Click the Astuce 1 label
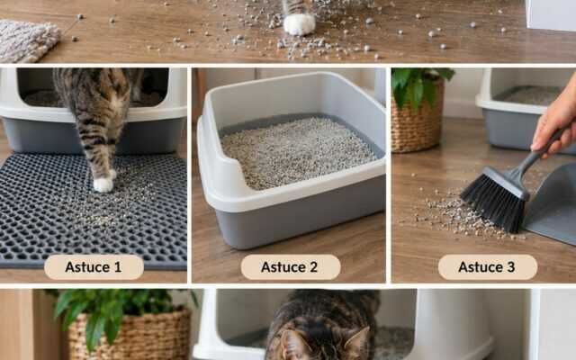point(94,267)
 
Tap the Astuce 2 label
point(290,267)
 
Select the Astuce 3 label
point(488,267)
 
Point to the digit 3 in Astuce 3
point(510,267)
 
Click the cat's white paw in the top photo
point(299,24)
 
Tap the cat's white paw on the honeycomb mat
point(103,184)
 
